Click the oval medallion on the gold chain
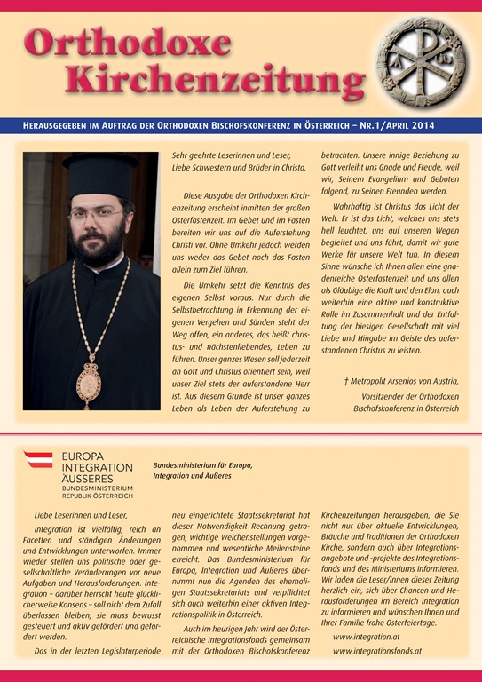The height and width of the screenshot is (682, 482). click(x=88, y=382)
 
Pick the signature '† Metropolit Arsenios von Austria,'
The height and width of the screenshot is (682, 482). click(x=401, y=380)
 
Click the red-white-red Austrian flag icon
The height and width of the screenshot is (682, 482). click(x=38, y=459)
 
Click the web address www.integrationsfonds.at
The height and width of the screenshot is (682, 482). click(x=378, y=652)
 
